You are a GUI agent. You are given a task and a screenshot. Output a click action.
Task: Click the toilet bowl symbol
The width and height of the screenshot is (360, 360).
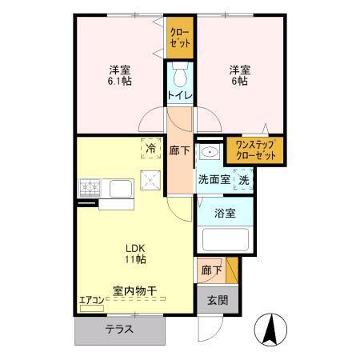pyautogui.click(x=180, y=77)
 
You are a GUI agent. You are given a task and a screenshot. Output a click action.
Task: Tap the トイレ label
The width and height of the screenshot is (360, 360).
pyautogui.click(x=179, y=97)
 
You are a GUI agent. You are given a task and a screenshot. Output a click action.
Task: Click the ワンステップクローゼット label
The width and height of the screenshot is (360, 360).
pyautogui.click(x=255, y=150)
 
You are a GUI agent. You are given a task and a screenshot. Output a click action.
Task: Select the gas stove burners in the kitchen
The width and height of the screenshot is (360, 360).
pyautogui.click(x=90, y=189)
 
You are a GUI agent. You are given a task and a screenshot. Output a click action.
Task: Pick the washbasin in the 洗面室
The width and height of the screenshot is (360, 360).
pyautogui.click(x=210, y=154)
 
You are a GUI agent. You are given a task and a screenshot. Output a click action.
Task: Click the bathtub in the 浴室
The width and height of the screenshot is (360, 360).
pyautogui.click(x=225, y=240)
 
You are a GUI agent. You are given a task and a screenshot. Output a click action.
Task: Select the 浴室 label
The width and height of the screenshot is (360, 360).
pyautogui.click(x=226, y=213)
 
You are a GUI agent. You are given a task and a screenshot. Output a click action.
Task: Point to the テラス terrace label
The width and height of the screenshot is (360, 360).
pyautogui.click(x=118, y=329)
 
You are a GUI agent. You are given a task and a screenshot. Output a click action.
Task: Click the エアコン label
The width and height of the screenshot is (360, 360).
pyautogui.click(x=91, y=301)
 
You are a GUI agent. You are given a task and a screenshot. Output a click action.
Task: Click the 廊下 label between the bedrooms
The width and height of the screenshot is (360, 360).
pyautogui.click(x=179, y=149)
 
